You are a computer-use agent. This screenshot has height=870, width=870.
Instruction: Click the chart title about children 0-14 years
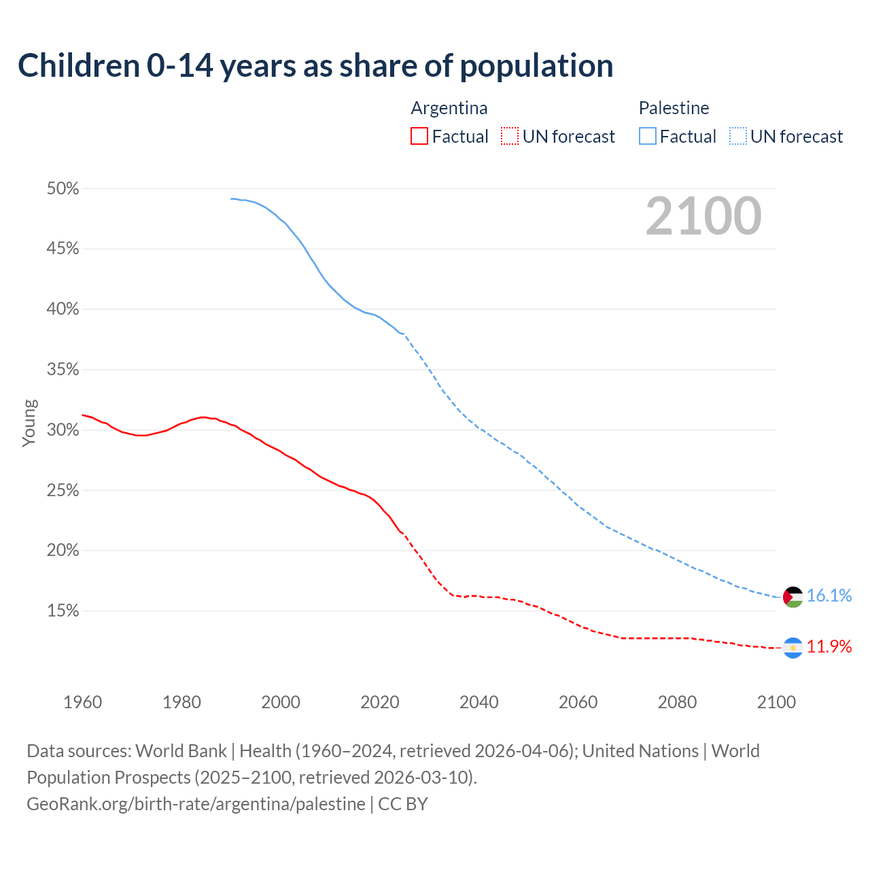pyautogui.click(x=315, y=66)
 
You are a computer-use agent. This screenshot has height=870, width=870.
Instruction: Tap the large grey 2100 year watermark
pyautogui.click(x=703, y=216)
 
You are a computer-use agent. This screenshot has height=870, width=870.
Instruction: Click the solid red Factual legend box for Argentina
pyautogui.click(x=419, y=137)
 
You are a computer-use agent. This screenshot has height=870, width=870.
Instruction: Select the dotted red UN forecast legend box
pyautogui.click(x=510, y=137)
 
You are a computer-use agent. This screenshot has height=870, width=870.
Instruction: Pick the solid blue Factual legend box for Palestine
pyautogui.click(x=648, y=137)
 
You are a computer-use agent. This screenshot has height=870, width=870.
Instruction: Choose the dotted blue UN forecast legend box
pyautogui.click(x=738, y=137)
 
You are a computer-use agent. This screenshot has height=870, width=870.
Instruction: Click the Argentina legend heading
pyautogui.click(x=449, y=108)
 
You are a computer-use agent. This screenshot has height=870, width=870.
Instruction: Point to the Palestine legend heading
pyautogui.click(x=674, y=108)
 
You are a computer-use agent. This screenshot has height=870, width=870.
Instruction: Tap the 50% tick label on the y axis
pyautogui.click(x=63, y=189)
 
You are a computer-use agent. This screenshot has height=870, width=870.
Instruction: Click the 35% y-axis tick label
pyautogui.click(x=63, y=370)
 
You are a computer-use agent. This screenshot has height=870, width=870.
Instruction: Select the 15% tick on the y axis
pyautogui.click(x=63, y=611)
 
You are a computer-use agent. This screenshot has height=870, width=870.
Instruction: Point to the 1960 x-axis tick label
pyautogui.click(x=83, y=702)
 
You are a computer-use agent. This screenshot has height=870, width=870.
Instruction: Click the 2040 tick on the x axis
pyautogui.click(x=479, y=702)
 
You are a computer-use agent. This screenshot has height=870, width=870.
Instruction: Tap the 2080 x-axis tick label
pyautogui.click(x=677, y=702)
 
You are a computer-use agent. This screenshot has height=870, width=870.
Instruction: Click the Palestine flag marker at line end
pyautogui.click(x=793, y=597)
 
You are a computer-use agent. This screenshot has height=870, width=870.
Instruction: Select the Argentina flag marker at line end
pyautogui.click(x=793, y=648)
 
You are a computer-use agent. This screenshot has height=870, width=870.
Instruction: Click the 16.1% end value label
pyautogui.click(x=829, y=596)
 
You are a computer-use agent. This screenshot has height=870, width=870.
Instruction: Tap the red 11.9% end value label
pyautogui.click(x=829, y=647)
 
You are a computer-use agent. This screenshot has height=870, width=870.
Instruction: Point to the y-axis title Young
pyautogui.click(x=29, y=423)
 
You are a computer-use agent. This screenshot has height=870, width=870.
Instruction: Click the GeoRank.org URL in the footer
pyautogui.click(x=196, y=804)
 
